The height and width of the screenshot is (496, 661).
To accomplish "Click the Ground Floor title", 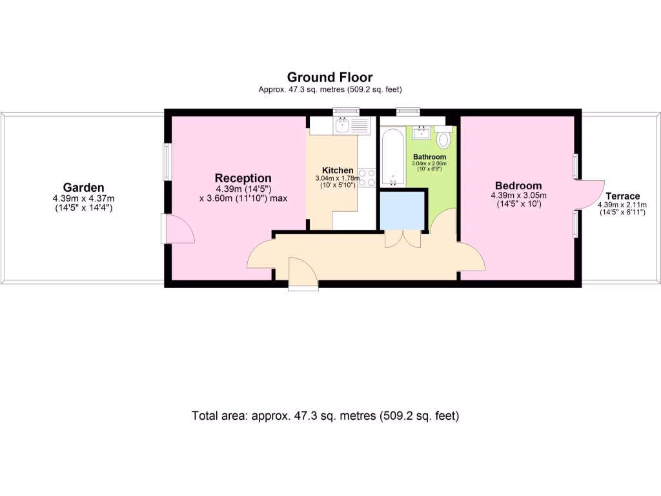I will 329,77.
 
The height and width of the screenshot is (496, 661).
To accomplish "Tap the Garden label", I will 83,188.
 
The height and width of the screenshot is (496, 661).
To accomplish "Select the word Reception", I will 243,178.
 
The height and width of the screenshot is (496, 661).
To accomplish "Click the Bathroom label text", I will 429,157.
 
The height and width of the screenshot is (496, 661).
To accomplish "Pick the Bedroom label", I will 518,185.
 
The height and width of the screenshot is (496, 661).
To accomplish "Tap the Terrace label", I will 622,196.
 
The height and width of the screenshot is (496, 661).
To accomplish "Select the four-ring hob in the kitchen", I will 367,178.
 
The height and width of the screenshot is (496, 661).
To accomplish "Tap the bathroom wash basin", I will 422,132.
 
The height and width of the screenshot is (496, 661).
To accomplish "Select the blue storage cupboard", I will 402,211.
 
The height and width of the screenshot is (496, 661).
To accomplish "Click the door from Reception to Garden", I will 177,229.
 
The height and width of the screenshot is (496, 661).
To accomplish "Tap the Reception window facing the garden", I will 167,161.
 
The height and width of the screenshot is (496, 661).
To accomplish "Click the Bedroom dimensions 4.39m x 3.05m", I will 518,196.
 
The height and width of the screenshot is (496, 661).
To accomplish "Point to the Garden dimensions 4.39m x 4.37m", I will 83,199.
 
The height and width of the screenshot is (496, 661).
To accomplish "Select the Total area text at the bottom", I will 325,416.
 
